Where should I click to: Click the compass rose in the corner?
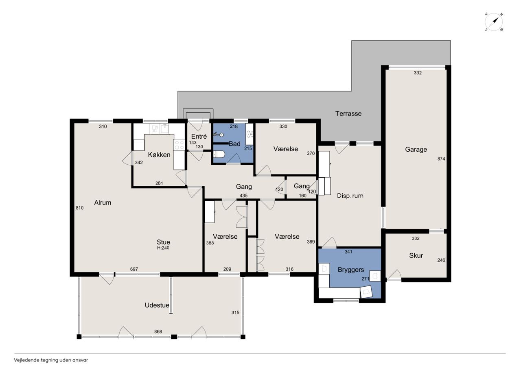494,22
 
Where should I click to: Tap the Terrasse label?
348,113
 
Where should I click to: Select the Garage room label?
416,149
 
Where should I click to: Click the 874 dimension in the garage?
441,159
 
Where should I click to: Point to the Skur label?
416,255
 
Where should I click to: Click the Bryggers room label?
351,270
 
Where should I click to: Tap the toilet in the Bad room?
219,154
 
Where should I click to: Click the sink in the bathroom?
250,134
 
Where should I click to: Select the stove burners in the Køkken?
179,145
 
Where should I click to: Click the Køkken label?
159,155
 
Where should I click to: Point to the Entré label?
199,136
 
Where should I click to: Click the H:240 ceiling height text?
163,248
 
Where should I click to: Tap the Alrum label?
103,203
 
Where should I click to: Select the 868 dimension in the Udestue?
158,331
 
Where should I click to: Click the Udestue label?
157,305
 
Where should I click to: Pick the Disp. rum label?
350,196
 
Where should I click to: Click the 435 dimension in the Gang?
243,196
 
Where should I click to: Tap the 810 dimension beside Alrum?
79,208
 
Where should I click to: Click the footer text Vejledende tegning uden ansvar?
51,360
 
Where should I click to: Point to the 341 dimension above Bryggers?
348,252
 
